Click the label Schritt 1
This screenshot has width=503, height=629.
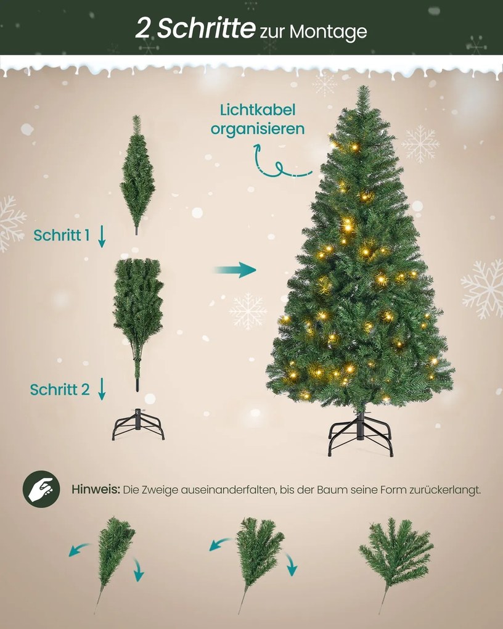click(62, 235)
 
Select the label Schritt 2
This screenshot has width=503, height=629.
click(60, 389)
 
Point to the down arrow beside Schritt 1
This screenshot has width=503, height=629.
click(102, 236)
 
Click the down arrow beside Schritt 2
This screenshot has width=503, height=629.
click(102, 388)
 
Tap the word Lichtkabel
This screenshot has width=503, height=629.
click(258, 110)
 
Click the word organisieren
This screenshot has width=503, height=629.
click(258, 129)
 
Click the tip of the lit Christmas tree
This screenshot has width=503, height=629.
click(362, 90)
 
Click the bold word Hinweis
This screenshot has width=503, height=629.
click(95, 490)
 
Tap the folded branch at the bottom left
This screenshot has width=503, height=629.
click(113, 558)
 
